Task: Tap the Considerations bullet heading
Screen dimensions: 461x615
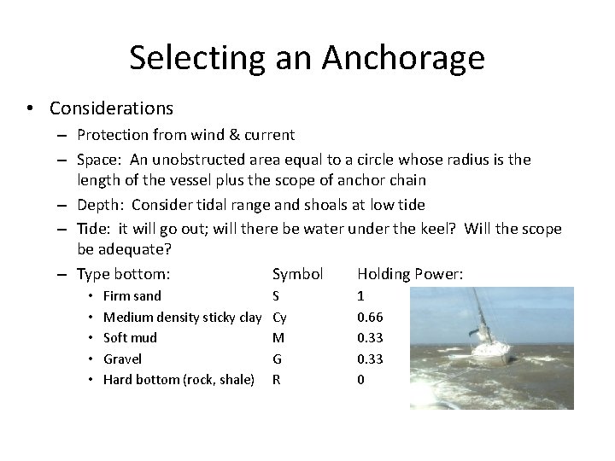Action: pos(111,108)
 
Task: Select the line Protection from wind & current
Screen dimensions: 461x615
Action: pos(185,134)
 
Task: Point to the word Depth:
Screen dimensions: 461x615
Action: pos(103,205)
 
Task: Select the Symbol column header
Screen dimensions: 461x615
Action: pos(297,274)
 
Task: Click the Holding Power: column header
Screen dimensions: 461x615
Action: pos(410,274)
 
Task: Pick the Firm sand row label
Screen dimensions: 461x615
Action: pos(132,296)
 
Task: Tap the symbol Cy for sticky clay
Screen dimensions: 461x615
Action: pos(279,318)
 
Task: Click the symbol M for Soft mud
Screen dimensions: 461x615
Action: pos(277,338)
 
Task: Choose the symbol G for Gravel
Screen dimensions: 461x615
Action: pos(277,359)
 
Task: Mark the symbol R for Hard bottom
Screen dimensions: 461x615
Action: pos(276,380)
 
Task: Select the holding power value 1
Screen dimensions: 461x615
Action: pos(360,296)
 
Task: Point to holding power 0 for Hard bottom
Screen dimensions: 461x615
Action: pos(360,380)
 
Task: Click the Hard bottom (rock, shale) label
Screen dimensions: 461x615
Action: pos(179,380)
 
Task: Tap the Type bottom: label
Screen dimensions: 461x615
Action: pos(123,274)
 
